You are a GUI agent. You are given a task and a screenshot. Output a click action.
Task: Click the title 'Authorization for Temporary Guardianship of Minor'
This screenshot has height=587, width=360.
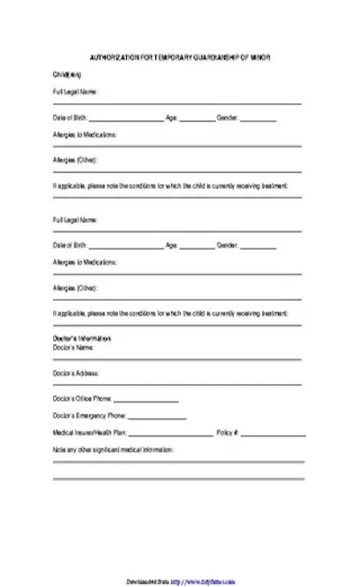180,56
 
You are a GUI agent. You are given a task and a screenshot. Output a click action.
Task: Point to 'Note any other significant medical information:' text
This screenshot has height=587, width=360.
113,450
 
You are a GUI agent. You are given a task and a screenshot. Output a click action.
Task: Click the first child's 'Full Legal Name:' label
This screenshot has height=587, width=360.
75,91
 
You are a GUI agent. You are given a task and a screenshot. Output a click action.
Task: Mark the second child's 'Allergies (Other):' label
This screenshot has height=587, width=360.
75,288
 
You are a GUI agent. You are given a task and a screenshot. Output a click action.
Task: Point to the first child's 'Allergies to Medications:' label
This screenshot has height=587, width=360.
85,134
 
